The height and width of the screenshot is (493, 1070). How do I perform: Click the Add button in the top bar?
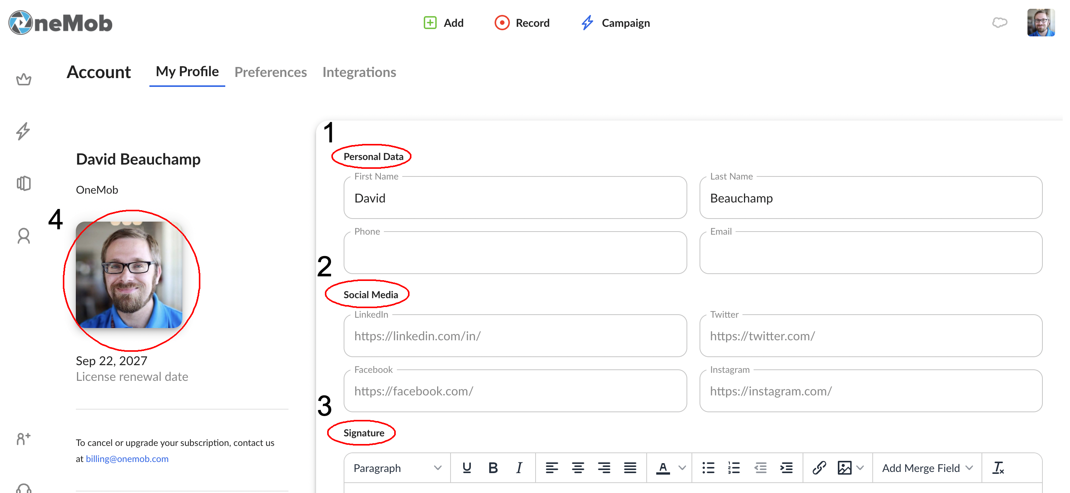pos(443,23)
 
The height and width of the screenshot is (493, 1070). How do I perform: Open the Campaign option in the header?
pos(615,23)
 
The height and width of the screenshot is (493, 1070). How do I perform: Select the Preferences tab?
pos(270,72)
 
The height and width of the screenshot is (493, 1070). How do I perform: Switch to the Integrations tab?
pos(359,72)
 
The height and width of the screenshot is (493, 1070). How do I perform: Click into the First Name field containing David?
pos(515,198)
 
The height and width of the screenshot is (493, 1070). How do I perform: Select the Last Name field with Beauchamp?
pos(871,198)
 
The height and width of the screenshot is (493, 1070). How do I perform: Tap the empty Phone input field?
pos(515,253)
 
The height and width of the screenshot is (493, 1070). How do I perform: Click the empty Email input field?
pos(871,253)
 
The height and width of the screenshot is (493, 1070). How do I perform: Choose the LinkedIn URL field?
pos(515,336)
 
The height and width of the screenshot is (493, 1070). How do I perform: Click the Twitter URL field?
pos(871,336)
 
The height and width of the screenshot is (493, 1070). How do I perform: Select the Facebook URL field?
pos(515,391)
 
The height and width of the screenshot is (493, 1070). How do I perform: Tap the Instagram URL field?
pos(871,391)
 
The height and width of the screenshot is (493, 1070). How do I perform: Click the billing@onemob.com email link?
pos(127,459)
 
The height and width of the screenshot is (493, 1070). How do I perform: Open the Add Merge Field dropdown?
pos(927,468)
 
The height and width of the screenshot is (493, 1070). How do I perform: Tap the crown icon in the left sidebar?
pos(24,79)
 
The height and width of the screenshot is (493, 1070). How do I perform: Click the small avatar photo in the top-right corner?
pos(1041,23)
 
